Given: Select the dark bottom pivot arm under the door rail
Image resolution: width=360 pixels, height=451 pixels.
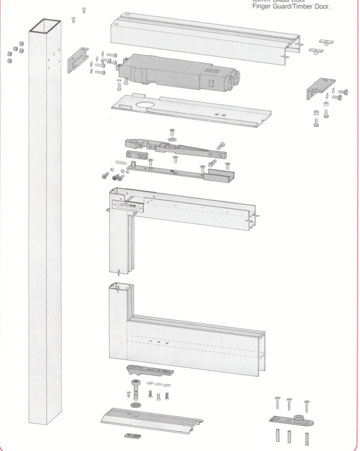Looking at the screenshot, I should point(149,371).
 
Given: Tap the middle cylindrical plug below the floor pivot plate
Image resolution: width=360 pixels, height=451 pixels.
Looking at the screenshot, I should point(289,436).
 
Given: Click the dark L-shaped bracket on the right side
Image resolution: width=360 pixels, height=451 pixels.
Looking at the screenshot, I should point(319,88).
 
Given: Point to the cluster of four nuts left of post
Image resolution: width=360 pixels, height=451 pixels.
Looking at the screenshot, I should point(15,52).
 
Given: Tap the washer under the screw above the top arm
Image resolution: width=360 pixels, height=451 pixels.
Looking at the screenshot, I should point(172,138).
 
